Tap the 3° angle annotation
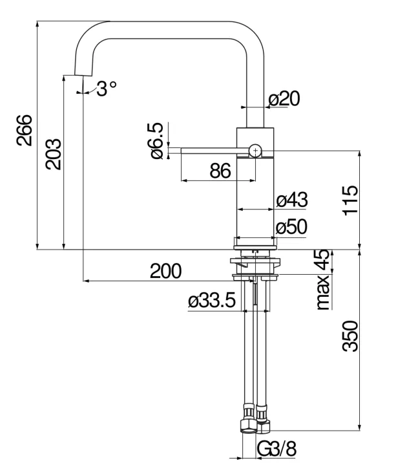[106, 89]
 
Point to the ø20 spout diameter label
[284, 99]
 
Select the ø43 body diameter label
[291, 200]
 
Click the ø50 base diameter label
[291, 227]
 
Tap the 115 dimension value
[348, 202]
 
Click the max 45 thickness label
[322, 279]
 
